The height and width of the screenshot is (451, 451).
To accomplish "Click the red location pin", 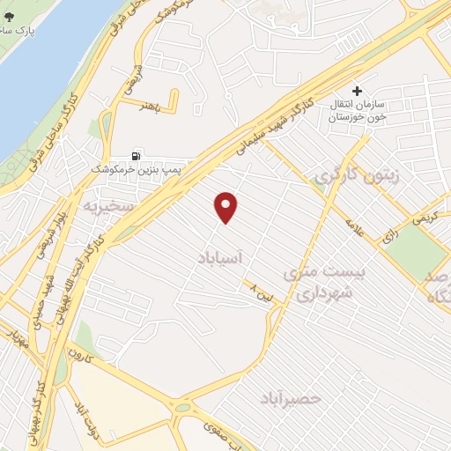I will tap(226, 207).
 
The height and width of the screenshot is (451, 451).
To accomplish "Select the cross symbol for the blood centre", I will tap(357, 90).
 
